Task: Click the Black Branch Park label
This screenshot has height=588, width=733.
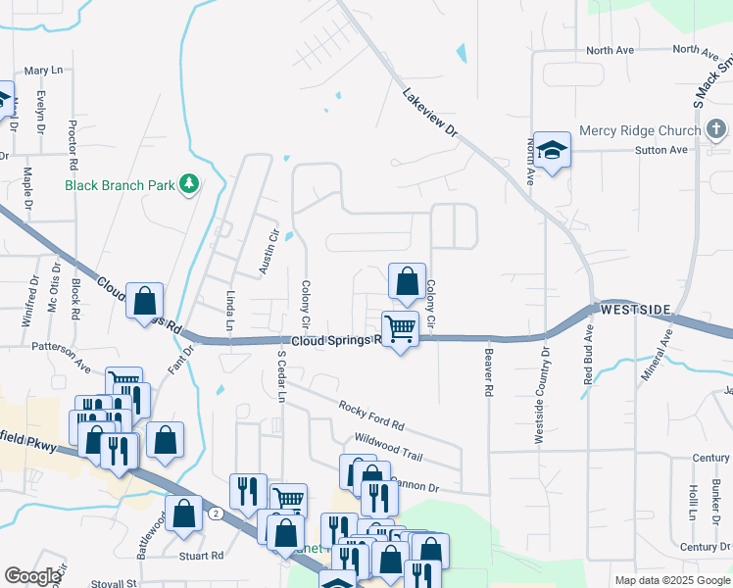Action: [x=119, y=184]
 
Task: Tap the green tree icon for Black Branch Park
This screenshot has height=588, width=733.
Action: [x=189, y=184]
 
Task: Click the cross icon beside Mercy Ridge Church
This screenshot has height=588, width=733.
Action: [x=715, y=130]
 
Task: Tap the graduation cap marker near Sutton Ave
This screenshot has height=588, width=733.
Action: [x=552, y=150]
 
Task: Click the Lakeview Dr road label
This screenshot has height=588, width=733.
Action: [x=430, y=114]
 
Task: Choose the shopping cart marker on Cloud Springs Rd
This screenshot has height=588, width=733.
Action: [x=400, y=328]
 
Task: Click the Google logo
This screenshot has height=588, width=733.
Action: [x=32, y=577]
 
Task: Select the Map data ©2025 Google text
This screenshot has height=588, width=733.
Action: [x=671, y=580]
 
